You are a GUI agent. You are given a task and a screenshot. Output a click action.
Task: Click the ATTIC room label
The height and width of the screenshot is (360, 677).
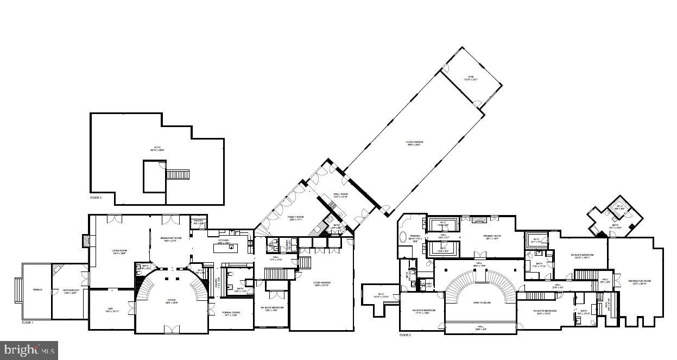tap(157, 148)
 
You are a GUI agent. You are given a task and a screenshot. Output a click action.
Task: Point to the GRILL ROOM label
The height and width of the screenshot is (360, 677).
tap(340, 195)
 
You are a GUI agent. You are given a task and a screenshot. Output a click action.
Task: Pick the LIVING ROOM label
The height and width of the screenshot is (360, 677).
tap(119, 251)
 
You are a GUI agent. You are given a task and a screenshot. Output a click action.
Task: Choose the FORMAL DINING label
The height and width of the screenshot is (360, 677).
tap(232, 313)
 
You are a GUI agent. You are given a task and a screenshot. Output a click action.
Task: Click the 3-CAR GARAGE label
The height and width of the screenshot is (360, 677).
tap(322, 283)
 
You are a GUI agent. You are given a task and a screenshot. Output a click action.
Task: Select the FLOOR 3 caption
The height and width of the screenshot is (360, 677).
tap(96, 198)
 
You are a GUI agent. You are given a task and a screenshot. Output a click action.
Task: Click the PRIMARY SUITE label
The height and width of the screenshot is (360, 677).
tap(492, 237)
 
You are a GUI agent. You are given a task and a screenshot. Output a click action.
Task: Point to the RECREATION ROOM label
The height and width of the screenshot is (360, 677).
tap(640, 281)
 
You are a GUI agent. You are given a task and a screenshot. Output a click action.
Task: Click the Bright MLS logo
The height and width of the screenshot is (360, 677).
tap(29, 350)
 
